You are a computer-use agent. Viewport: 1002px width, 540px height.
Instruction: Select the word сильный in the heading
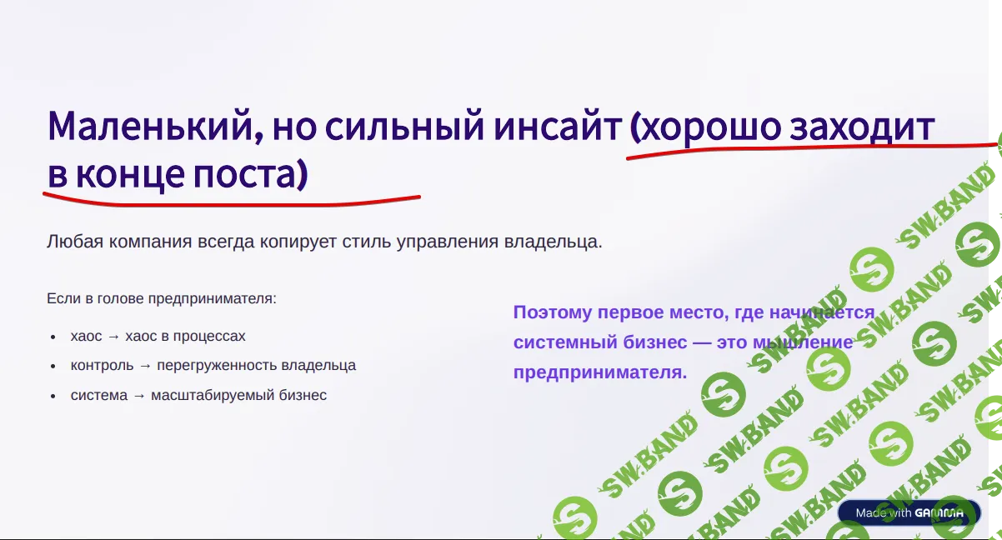(x=404, y=126)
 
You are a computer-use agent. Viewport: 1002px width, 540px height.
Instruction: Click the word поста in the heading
(x=245, y=174)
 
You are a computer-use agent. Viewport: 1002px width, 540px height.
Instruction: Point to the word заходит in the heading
(x=862, y=126)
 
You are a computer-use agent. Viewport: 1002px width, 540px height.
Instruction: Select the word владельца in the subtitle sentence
(x=551, y=242)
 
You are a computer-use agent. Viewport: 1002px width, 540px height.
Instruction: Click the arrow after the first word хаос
(x=113, y=336)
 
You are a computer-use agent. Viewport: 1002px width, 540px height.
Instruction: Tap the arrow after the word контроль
(x=145, y=366)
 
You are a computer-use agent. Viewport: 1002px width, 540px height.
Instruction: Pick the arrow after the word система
(x=139, y=396)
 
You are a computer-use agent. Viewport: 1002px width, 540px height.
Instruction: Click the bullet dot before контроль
(x=53, y=366)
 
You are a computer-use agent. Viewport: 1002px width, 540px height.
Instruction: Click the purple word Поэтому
(x=553, y=312)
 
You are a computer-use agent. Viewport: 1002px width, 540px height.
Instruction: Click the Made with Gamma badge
(x=909, y=512)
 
